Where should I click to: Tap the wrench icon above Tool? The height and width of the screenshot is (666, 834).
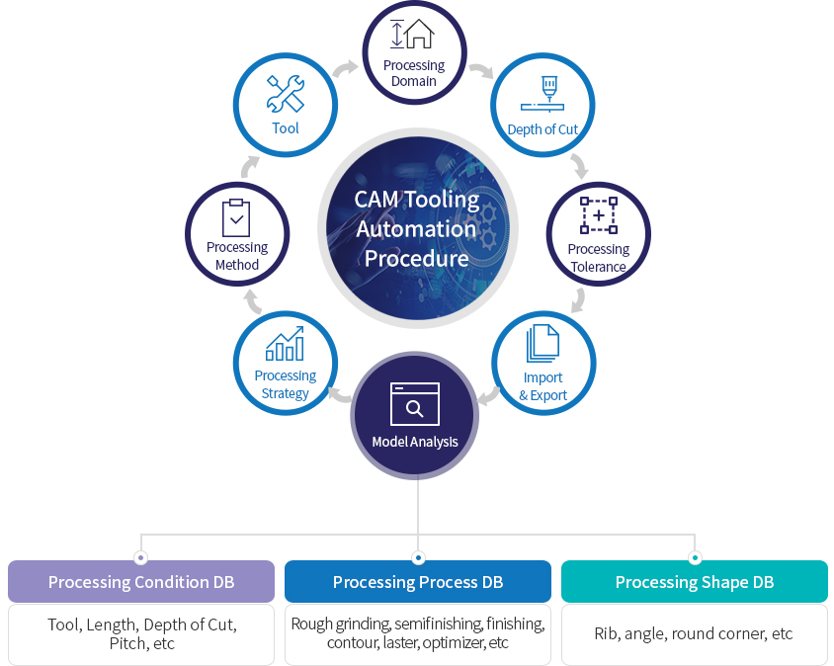click(285, 95)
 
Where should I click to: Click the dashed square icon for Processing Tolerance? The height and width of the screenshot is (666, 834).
click(598, 215)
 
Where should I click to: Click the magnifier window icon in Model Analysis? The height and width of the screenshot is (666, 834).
click(415, 403)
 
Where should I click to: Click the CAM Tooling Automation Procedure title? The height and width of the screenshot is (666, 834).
click(417, 229)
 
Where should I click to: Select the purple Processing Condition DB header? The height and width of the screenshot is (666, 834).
click(141, 582)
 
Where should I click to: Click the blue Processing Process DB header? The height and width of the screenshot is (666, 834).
click(418, 582)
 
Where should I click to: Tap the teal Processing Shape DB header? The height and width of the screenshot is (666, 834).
click(695, 582)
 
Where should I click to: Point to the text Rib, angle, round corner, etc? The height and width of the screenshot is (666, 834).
click(694, 633)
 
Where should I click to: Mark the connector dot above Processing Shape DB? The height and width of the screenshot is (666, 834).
click(695, 557)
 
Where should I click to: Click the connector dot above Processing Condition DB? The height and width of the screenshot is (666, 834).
click(141, 557)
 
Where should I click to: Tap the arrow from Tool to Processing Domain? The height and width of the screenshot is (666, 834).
click(344, 68)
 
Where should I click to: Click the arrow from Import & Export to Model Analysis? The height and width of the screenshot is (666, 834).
click(487, 396)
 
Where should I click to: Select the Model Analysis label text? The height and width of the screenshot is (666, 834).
click(415, 442)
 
